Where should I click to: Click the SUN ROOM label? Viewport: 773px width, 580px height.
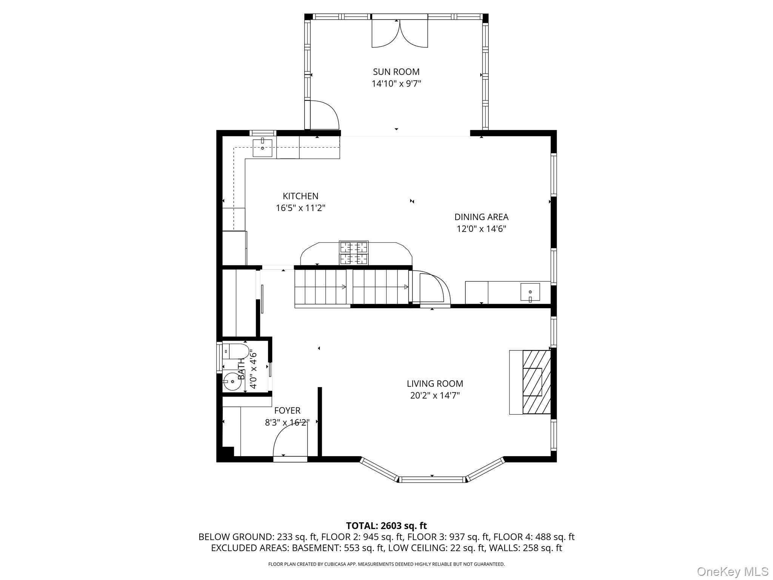[x=396, y=72]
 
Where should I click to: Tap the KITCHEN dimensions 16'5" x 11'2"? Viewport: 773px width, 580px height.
[x=300, y=208]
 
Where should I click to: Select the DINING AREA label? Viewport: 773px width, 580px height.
[x=481, y=217]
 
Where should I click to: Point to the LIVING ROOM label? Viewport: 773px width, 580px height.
[x=435, y=384]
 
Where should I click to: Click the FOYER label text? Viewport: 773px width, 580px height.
[x=287, y=410]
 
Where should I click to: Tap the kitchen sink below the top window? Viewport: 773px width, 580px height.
[x=262, y=148]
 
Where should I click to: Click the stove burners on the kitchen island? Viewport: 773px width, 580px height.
[x=354, y=253]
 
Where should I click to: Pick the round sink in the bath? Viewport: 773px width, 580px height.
[x=232, y=382]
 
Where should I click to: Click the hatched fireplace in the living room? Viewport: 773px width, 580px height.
[x=536, y=382]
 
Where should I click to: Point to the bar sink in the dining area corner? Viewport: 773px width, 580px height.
[x=530, y=292]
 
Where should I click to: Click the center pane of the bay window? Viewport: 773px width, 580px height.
[x=432, y=480]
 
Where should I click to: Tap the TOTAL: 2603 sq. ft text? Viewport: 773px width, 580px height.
[x=386, y=526]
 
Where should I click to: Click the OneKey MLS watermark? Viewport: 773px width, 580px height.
[x=732, y=571]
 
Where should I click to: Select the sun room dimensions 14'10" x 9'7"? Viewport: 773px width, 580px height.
[x=396, y=84]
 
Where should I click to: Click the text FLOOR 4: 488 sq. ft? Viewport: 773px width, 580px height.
[x=534, y=537]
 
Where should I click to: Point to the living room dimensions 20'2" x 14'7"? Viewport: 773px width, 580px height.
[x=435, y=396]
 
